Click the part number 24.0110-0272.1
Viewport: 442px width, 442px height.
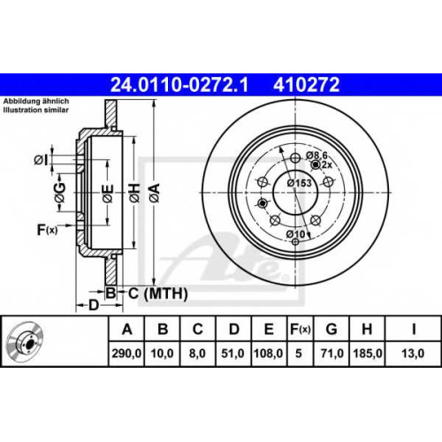tap(179, 85)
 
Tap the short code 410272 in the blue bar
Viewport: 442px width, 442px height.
tap(306, 85)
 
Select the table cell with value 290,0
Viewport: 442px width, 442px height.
tap(126, 353)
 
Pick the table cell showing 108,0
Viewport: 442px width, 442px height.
tap(268, 353)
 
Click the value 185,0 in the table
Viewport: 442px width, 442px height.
tap(367, 353)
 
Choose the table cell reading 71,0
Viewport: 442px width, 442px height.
tap(331, 353)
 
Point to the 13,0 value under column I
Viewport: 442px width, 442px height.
tap(413, 353)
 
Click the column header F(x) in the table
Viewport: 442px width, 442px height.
tap(300, 329)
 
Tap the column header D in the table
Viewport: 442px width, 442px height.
tap(233, 329)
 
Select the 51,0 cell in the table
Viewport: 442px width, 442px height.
tap(233, 353)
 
